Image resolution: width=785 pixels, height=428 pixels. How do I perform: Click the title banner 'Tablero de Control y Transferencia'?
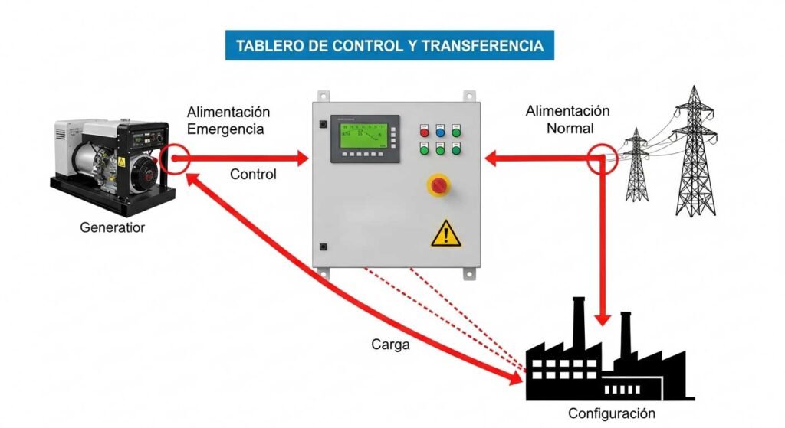[x=389, y=45]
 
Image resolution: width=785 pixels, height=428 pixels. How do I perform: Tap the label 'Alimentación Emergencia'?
[x=228, y=121]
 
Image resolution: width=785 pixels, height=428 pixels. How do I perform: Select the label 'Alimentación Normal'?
[x=567, y=119]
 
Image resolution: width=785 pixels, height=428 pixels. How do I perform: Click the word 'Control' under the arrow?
[x=253, y=175]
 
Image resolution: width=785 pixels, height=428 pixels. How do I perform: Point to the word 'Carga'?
[x=391, y=345]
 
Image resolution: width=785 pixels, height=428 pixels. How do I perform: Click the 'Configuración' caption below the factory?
[x=612, y=413]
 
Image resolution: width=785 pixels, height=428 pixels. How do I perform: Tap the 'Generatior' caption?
[x=112, y=227]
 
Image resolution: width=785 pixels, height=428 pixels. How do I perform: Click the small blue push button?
[x=440, y=132]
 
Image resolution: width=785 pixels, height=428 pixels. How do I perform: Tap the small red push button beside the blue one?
[x=424, y=132]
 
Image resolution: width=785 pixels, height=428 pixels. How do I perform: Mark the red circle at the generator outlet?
[x=176, y=158]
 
